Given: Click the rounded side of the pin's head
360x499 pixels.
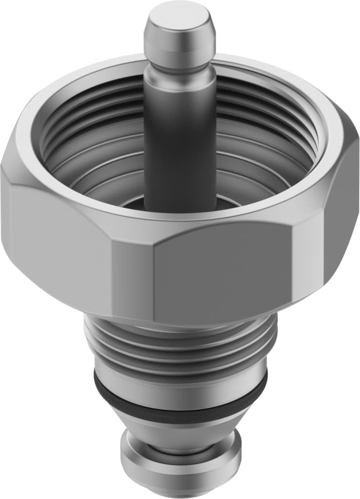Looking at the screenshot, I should click(x=180, y=46).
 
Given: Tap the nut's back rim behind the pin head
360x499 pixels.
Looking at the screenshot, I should click(x=234, y=62).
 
